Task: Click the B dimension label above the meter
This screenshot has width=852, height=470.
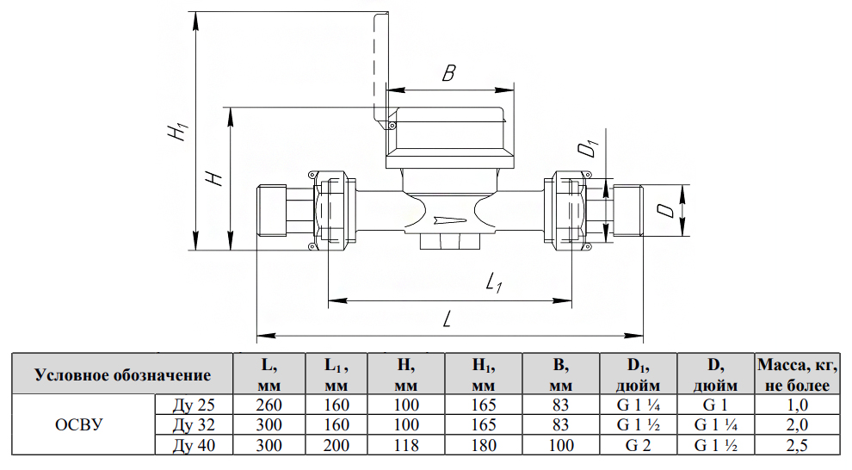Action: tap(448, 73)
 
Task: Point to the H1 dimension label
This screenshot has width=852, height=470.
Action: tap(178, 130)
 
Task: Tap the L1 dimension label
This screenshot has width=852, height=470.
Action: tap(494, 282)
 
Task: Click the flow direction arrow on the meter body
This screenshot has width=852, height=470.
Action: tap(450, 220)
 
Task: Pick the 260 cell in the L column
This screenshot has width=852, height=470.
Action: tap(269, 405)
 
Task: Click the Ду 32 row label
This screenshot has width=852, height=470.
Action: tap(194, 424)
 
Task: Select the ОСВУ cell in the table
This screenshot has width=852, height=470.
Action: tap(79, 424)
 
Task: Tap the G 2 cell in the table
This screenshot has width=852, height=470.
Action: tap(638, 446)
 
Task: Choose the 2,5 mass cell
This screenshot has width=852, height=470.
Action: tap(797, 446)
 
